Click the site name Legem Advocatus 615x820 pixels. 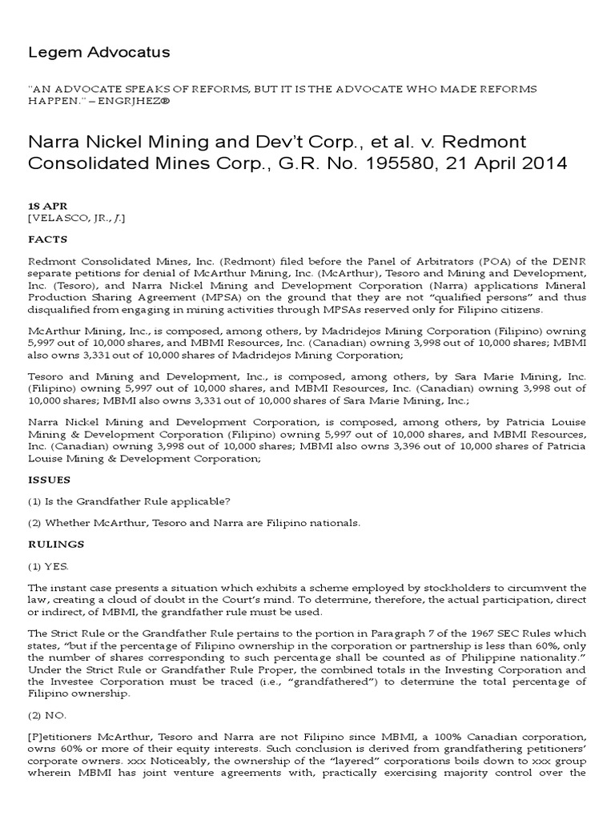tap(99, 52)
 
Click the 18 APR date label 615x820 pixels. tap(44, 205)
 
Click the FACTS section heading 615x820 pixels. tap(48, 239)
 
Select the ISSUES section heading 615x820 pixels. tap(50, 479)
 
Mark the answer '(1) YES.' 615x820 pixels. tap(50, 565)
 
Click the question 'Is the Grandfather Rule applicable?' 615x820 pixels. tap(139, 501)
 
